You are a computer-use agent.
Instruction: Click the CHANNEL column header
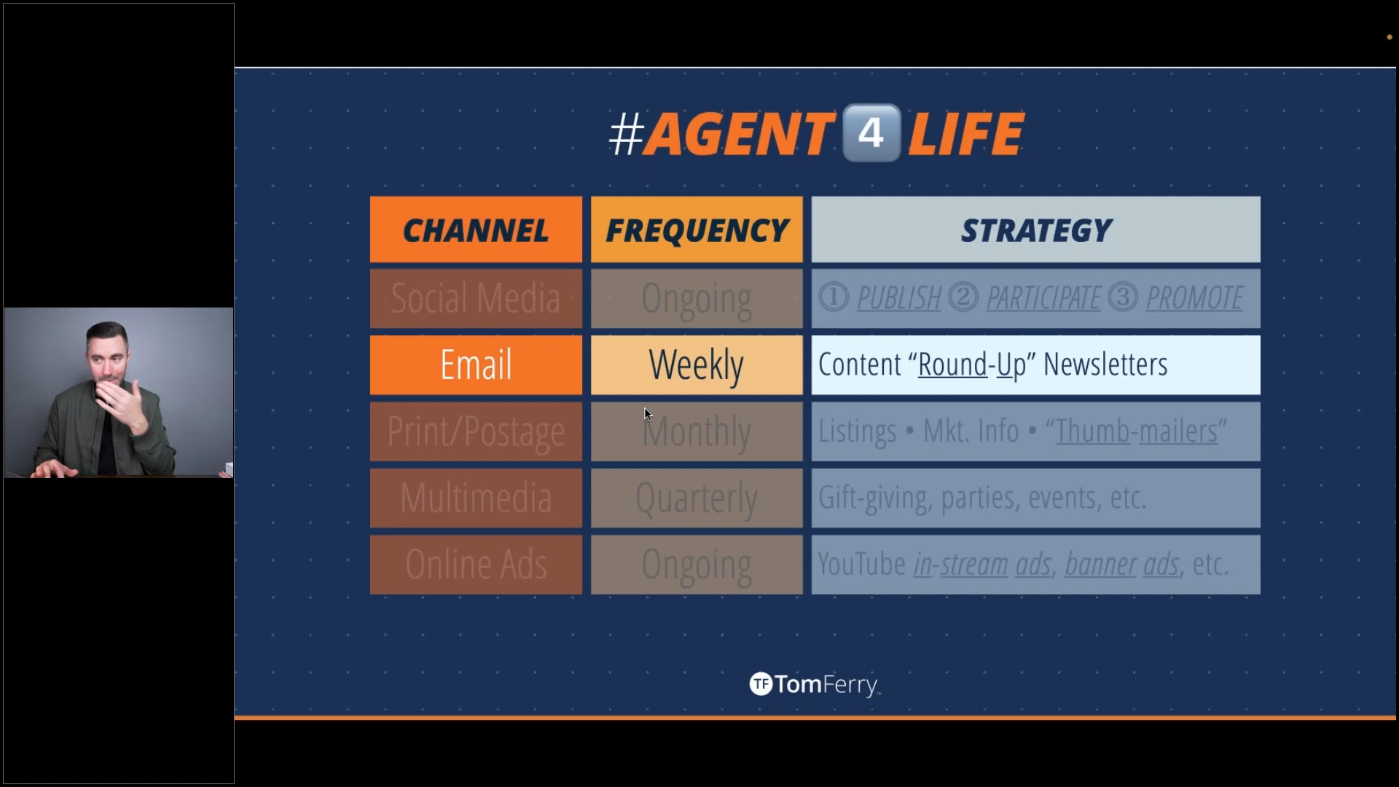click(476, 230)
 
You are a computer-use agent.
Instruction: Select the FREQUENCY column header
click(697, 230)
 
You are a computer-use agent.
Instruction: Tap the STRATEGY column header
click(1035, 230)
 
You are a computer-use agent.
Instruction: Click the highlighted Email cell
click(476, 365)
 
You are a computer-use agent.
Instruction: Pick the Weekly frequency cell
click(697, 365)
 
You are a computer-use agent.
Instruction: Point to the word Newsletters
click(1105, 364)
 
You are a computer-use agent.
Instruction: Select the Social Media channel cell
click(476, 299)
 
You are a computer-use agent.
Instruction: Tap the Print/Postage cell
click(476, 431)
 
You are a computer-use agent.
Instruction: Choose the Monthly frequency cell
click(697, 431)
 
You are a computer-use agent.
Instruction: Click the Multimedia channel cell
click(476, 498)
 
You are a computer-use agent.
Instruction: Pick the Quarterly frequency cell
click(697, 498)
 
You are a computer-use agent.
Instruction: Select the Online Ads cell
click(476, 565)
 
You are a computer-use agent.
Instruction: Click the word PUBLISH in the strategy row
click(899, 298)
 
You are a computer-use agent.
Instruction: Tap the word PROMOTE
click(1195, 298)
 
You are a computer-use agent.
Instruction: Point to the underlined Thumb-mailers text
click(1137, 431)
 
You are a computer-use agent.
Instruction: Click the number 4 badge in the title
click(871, 133)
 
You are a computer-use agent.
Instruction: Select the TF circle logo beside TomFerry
click(760, 684)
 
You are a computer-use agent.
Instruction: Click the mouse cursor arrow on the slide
click(648, 415)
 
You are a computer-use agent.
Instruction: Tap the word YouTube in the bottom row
click(861, 565)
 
